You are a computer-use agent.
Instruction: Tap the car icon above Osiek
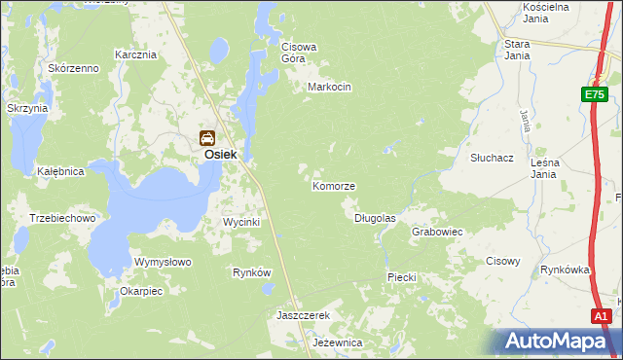click(x=207, y=137)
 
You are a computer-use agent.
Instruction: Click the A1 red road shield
click(x=602, y=316)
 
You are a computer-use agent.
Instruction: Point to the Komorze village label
click(x=334, y=186)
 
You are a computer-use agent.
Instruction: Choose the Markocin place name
click(x=328, y=87)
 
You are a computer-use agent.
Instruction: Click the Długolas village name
click(x=375, y=219)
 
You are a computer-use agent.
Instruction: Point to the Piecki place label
click(x=402, y=277)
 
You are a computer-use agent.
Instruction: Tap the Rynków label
click(x=251, y=272)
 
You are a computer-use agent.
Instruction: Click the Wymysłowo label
click(x=163, y=263)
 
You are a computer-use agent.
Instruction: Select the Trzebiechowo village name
click(x=62, y=219)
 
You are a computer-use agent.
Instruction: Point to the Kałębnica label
click(x=60, y=171)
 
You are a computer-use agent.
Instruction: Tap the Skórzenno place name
click(x=74, y=68)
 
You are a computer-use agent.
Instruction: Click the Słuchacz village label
click(x=492, y=157)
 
